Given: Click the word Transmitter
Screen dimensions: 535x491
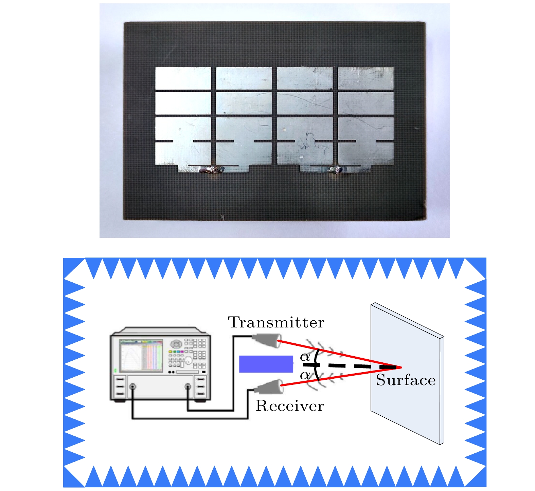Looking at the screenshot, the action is (x=276, y=322).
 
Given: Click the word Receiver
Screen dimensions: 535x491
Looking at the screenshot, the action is (x=290, y=406).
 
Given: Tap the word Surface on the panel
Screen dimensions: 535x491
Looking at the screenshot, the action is (x=406, y=380).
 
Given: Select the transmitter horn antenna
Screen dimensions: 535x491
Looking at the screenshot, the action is (x=266, y=340).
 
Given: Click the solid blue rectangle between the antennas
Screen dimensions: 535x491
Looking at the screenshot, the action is (x=266, y=364).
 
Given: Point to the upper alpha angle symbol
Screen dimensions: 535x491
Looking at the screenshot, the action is (x=305, y=357).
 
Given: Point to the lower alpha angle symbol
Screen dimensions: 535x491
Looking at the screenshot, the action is (x=305, y=375).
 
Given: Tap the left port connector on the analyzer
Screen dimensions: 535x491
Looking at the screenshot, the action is (x=132, y=386).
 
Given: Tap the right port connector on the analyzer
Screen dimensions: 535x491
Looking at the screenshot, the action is (x=188, y=386).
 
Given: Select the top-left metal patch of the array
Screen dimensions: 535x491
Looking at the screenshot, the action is (x=183, y=78).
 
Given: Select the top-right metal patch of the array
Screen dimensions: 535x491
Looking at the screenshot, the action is (x=366, y=78).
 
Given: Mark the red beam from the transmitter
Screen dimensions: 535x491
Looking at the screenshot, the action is (x=340, y=354).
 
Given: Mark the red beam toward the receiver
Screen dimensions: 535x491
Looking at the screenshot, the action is (x=341, y=377).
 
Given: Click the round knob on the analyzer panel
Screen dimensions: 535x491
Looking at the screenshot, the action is (x=176, y=344).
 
